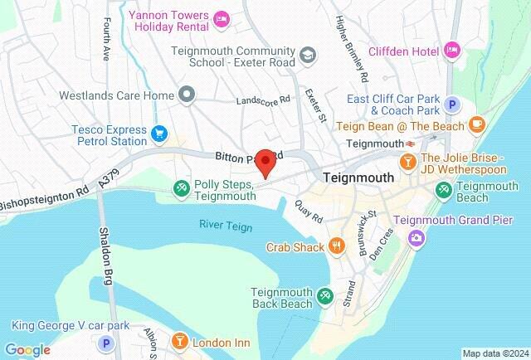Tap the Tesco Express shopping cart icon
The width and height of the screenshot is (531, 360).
(x=159, y=133)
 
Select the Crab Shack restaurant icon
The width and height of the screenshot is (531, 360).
(x=336, y=246)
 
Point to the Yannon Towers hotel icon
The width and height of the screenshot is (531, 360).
(x=221, y=17)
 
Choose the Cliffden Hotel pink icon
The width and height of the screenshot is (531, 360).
(x=452, y=48)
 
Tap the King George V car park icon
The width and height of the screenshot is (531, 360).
(x=105, y=343)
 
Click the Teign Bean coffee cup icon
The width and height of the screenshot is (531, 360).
(x=476, y=124)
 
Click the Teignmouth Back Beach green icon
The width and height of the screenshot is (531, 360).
(x=326, y=295)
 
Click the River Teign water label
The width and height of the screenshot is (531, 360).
(x=224, y=225)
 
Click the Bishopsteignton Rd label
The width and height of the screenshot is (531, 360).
(x=43, y=198)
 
